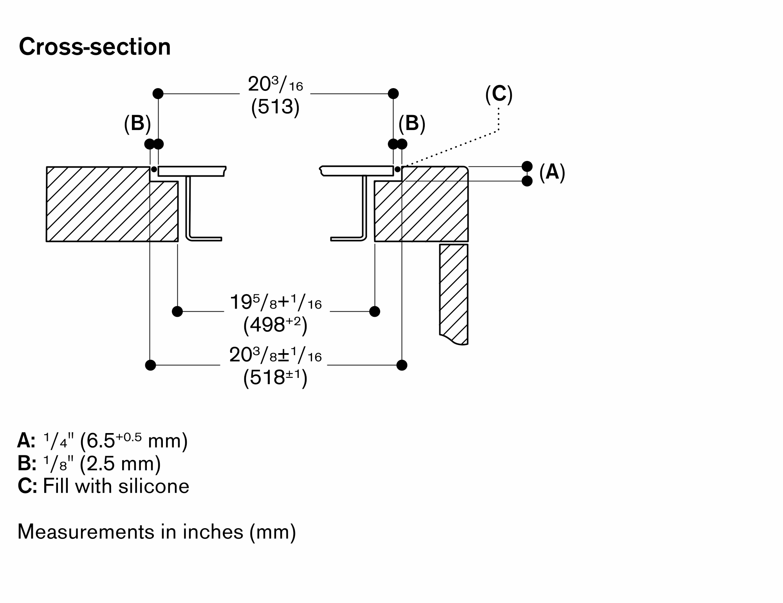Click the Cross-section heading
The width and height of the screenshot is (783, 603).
coord(95,47)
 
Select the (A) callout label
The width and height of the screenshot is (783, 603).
coord(552,172)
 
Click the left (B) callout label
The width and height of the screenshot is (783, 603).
coord(137,123)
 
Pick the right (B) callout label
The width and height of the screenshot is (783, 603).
coord(412,123)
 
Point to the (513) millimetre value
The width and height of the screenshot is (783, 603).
coord(275,107)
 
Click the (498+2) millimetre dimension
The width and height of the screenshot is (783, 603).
coord(275,325)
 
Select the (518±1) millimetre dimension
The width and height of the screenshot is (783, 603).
coord(275,378)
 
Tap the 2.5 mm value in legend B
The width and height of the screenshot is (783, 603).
coord(120,464)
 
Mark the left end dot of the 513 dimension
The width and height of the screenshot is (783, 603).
coord(158,94)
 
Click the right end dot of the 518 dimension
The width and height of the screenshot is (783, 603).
coord(402,365)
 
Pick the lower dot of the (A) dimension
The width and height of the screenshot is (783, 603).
coord(527,181)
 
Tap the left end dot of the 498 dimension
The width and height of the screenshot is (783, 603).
coord(177,312)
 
